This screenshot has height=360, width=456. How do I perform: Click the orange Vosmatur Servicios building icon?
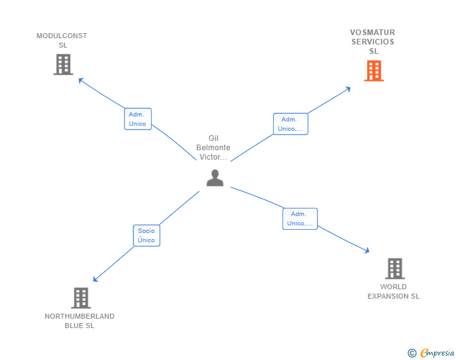coord(373,71)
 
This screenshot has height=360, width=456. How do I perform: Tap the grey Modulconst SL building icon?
coord(63,64)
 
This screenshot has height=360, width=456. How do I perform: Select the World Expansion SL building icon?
coord(394,269)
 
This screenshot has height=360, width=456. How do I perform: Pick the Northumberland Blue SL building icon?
coord(81,298)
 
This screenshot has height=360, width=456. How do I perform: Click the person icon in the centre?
coord(215,178)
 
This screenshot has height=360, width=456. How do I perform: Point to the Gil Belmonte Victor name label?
coord(213,148)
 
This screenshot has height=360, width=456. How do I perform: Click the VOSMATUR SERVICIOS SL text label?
coord(373,42)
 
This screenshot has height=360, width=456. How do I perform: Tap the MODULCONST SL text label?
coord(62,41)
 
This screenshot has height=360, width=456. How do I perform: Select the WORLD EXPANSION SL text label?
coord(393,292)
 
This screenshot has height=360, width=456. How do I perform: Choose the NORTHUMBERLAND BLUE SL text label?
coord(80,321)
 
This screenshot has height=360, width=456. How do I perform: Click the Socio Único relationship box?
coord(147,235)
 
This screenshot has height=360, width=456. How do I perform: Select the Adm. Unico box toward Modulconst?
coord(137,119)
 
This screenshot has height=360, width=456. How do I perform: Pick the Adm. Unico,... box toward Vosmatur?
coord(290,124)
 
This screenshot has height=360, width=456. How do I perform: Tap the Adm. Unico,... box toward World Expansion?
coord(299,219)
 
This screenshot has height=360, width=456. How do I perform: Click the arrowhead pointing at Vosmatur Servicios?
coord(348,89)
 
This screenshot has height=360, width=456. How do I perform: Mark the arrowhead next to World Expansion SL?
coord(367,250)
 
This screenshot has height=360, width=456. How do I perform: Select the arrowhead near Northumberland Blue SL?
coord(95,279)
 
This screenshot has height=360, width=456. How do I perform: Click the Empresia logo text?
coord(437,353)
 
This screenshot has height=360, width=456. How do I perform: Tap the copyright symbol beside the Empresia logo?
coord(412,353)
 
